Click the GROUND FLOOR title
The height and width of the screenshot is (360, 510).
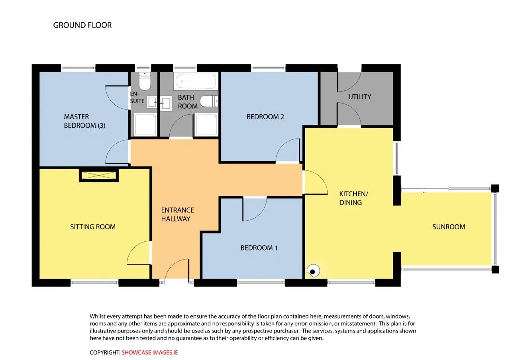point(82,25)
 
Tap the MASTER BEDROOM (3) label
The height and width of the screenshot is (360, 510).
point(84,121)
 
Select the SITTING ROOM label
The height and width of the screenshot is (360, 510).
point(93,227)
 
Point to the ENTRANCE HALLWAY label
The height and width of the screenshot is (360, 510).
point(178,214)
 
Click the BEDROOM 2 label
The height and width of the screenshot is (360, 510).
point(265,117)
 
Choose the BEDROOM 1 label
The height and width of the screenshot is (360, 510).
point(259,248)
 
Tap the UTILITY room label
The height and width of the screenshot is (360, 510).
point(359,97)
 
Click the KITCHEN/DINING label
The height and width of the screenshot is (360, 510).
point(353,198)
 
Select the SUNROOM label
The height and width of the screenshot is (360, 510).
point(449,227)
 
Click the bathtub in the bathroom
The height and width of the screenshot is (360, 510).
point(196,81)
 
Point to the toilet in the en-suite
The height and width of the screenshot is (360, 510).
point(145,81)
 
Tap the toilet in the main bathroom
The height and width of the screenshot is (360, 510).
point(209,101)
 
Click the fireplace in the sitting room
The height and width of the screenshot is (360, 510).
point(99,175)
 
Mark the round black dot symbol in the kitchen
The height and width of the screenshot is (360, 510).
point(313,272)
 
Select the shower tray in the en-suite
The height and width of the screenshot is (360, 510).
point(145,125)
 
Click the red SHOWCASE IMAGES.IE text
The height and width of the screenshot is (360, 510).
point(149,352)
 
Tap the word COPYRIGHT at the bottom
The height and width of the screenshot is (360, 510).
point(105,352)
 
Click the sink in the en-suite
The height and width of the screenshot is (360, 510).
point(152,102)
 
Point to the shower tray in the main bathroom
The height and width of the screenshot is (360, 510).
point(206,125)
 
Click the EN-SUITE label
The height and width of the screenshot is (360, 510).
point(137,98)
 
